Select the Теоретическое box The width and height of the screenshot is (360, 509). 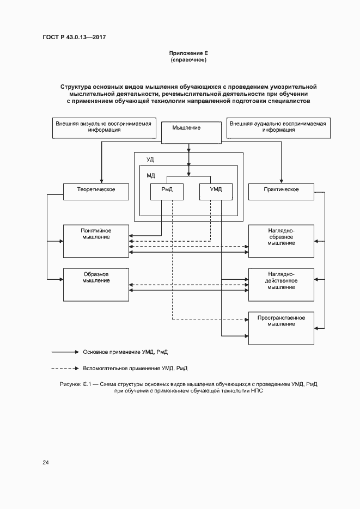(x=96, y=191)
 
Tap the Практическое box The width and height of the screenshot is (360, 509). (x=281, y=191)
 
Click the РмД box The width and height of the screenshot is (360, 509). (x=167, y=191)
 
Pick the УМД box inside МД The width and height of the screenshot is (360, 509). (x=216, y=191)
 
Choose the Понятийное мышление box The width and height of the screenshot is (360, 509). (x=96, y=241)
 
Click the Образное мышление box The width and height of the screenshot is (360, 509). (x=96, y=284)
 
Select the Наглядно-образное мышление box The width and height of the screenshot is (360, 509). (x=281, y=241)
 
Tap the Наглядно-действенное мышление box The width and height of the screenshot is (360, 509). (x=281, y=284)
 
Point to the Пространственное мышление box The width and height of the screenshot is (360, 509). (x=281, y=328)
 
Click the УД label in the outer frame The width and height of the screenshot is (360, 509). (x=150, y=160)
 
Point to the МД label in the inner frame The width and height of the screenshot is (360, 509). (x=151, y=175)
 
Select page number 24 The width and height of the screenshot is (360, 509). (x=46, y=463)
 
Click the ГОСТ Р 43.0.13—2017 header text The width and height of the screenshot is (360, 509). (x=74, y=37)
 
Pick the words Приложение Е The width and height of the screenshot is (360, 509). (x=188, y=53)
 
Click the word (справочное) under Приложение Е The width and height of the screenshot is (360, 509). (x=188, y=60)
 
